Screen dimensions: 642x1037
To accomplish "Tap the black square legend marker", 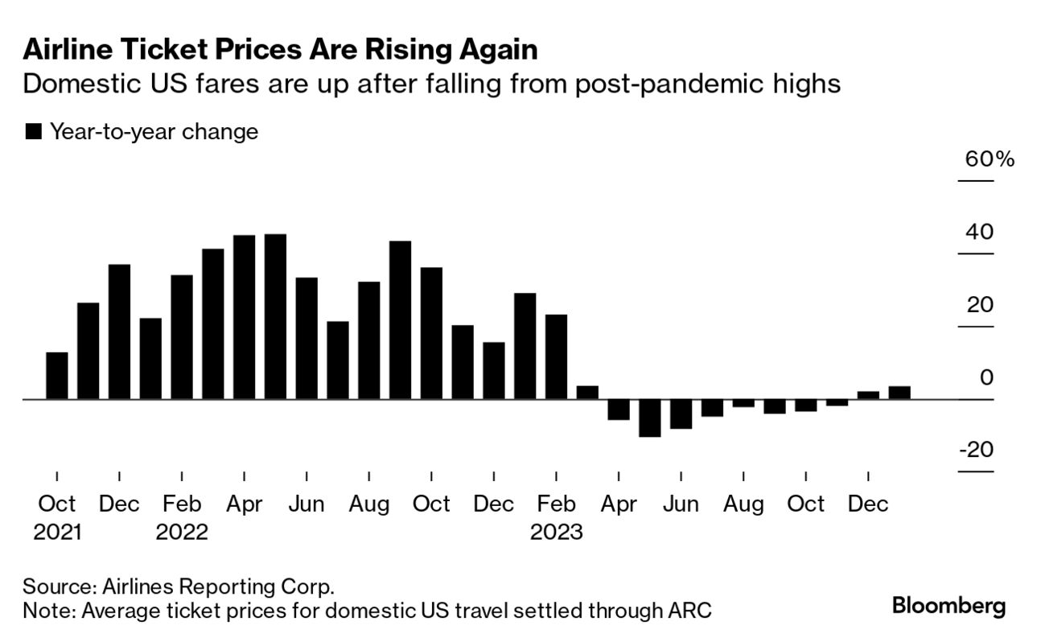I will [x=33, y=132].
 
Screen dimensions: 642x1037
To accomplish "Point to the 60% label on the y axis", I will [x=990, y=158].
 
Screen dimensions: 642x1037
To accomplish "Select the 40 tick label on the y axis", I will [x=979, y=233].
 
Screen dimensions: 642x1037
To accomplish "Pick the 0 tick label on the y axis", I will [x=986, y=377].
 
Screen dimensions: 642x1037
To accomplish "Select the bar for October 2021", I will [x=57, y=376].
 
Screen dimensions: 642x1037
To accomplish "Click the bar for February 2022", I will [x=182, y=337].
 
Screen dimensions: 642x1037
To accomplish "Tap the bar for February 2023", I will [x=556, y=356].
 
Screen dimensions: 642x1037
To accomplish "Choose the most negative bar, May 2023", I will [x=649, y=418].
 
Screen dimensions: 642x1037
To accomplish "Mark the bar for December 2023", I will [x=868, y=395].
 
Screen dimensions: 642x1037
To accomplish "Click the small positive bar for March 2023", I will [x=587, y=393].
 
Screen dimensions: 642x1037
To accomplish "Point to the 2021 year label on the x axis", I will [x=57, y=532].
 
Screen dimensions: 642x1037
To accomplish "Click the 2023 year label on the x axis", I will [x=556, y=532].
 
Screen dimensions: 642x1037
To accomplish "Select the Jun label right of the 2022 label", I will [x=307, y=504].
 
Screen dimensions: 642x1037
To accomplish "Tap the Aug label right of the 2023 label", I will [x=743, y=504].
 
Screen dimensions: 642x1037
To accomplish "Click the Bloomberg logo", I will [x=949, y=606].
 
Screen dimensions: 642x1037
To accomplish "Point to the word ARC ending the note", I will [x=689, y=611].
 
